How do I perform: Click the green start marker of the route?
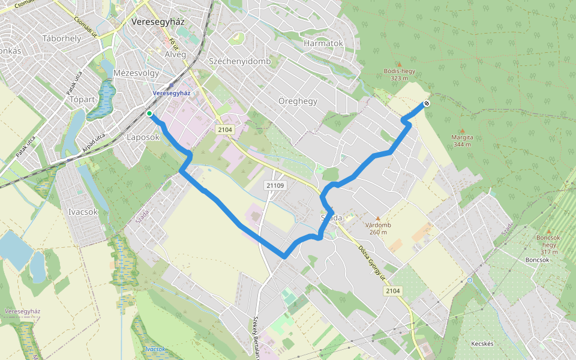pyautogui.click(x=149, y=113)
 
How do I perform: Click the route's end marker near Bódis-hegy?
pyautogui.click(x=426, y=104)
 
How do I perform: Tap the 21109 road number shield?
pyautogui.click(x=275, y=185)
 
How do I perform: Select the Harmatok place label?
pyautogui.click(x=323, y=43)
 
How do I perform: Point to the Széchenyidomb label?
pyautogui.click(x=240, y=61)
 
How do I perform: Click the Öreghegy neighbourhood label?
pyautogui.click(x=298, y=101)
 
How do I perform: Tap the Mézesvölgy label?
pyautogui.click(x=136, y=73)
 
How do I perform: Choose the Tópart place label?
pyautogui.click(x=83, y=99)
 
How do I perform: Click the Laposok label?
pyautogui.click(x=143, y=137)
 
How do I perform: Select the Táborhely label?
pyautogui.click(x=62, y=38)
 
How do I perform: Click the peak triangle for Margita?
pyautogui.click(x=462, y=131)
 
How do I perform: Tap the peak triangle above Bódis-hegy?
pyautogui.click(x=399, y=64)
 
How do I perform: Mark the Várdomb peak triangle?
pyautogui.click(x=378, y=218)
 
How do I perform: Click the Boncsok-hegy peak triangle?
pyautogui.click(x=548, y=231)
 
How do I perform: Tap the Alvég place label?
pyautogui.click(x=175, y=54)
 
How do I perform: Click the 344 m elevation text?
pyautogui.click(x=462, y=145)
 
